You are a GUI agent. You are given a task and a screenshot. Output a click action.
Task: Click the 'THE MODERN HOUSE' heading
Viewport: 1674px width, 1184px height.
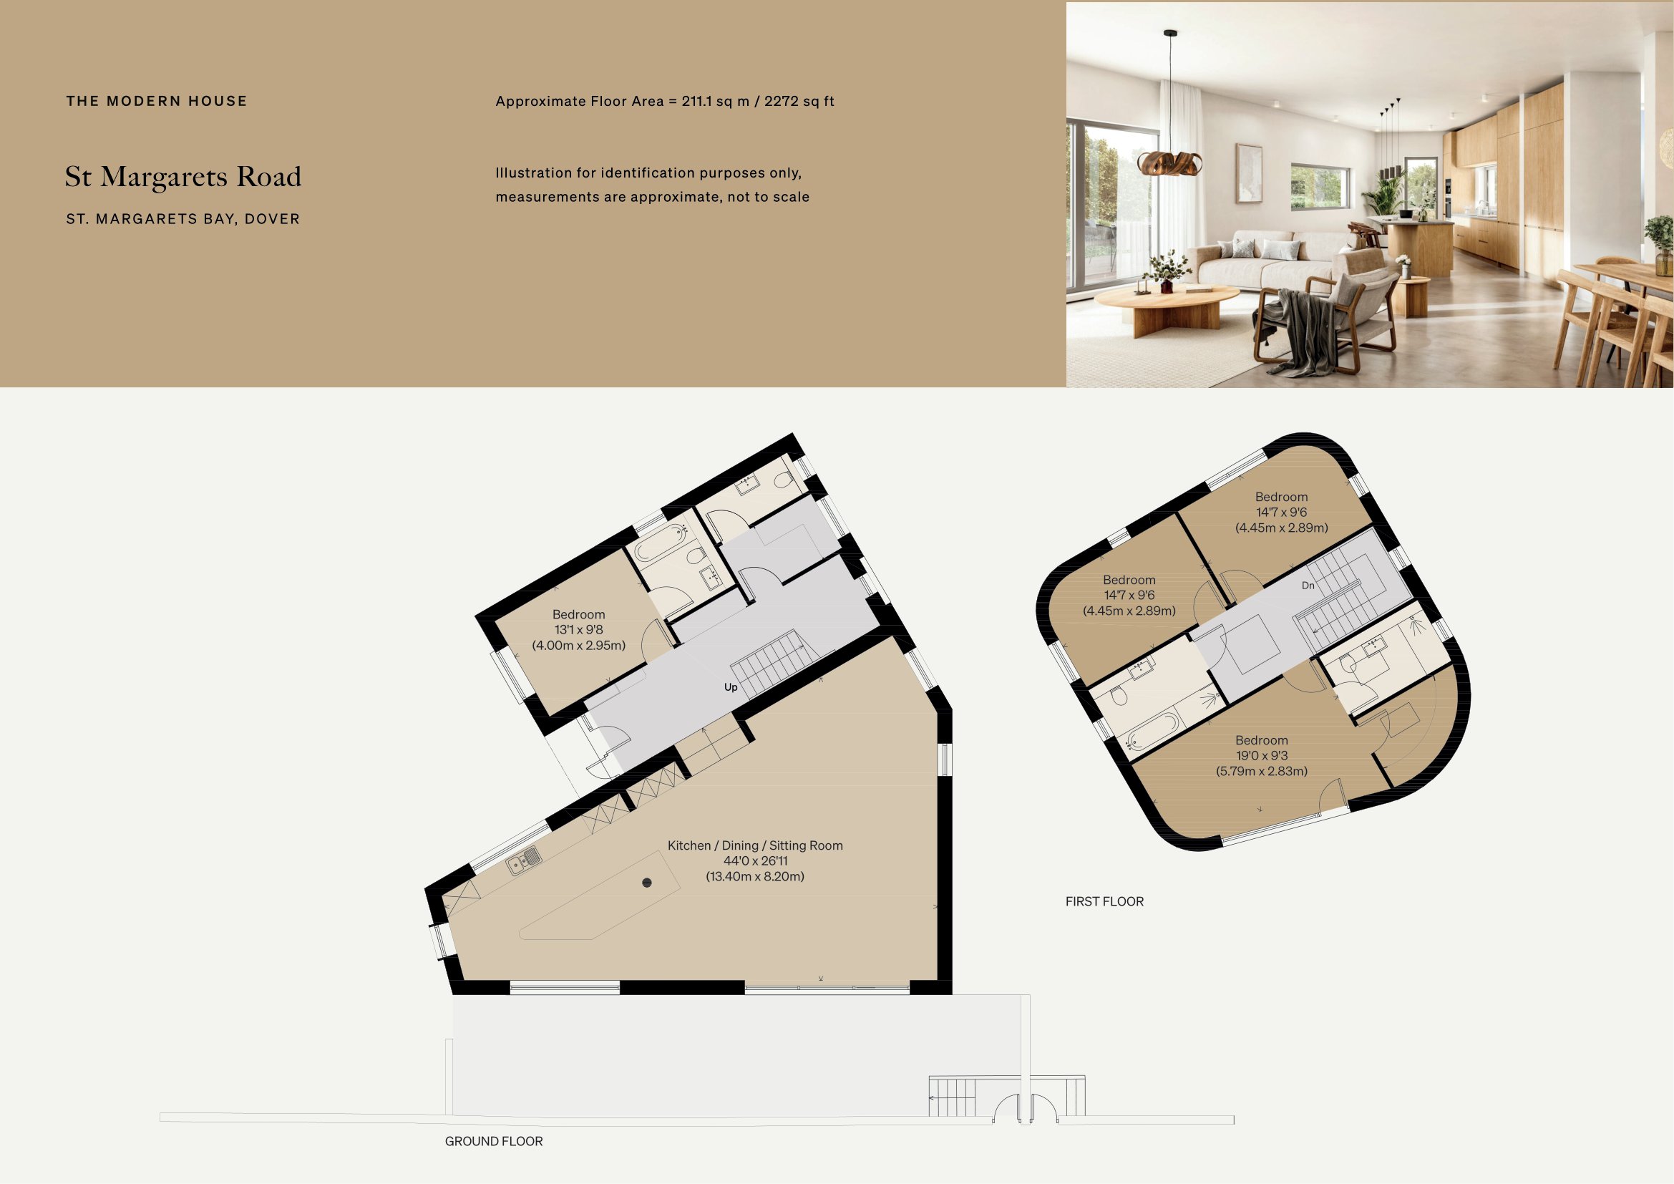[x=157, y=102]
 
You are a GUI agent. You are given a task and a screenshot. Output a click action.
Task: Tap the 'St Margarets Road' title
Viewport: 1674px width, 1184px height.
[x=183, y=176]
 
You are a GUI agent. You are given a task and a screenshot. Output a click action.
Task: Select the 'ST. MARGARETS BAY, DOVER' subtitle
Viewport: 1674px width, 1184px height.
[x=183, y=219]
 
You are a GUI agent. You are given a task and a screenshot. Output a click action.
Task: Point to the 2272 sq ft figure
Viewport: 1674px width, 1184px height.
[x=799, y=102]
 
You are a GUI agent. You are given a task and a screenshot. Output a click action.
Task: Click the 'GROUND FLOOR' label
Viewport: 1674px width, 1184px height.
[x=494, y=1141]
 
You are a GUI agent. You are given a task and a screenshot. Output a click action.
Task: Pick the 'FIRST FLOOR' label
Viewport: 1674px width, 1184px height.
[x=1104, y=901]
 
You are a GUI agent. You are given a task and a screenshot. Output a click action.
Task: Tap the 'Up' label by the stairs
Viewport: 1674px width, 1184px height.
[x=731, y=686]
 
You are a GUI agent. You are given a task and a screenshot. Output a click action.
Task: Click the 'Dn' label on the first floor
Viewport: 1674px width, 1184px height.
[x=1308, y=586]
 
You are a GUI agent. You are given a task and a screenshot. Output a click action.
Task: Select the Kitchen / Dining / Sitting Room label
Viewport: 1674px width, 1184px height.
[x=754, y=845]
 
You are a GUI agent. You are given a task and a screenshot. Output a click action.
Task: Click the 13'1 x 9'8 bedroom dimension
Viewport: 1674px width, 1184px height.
[x=578, y=630]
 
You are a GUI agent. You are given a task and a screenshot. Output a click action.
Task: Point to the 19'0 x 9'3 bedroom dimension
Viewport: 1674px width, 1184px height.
[x=1261, y=755]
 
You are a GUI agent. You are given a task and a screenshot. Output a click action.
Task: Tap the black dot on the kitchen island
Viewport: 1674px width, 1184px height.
[x=647, y=883]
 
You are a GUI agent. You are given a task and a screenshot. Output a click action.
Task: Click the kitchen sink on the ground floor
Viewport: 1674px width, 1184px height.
[x=523, y=861]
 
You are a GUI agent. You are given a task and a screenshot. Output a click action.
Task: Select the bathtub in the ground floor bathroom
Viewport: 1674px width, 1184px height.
[x=661, y=544]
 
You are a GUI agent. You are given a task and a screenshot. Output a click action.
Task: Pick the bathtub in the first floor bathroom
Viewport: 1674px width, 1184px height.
[x=1152, y=732]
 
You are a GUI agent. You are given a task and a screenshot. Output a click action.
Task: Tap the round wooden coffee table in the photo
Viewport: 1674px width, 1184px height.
[x=1167, y=299]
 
